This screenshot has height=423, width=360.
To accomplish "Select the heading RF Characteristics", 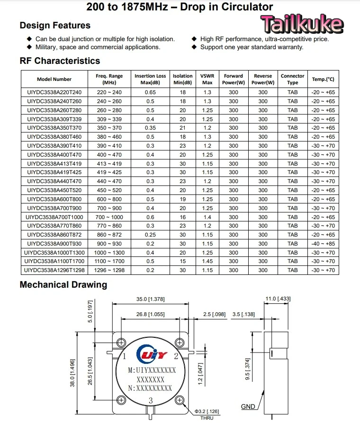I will [60, 61].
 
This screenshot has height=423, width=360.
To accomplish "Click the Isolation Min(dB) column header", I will [182, 79].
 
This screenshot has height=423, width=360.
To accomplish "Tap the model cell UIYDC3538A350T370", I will [54, 128].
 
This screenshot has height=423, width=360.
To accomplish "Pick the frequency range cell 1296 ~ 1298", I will [109, 270].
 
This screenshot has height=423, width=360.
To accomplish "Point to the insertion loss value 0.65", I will [150, 92].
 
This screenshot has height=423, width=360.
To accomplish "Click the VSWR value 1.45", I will [207, 261].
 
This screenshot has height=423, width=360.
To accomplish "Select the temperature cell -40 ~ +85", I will [323, 244].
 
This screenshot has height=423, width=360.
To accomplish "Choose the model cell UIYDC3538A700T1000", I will [54, 217].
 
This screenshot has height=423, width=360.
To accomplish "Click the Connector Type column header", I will [292, 79].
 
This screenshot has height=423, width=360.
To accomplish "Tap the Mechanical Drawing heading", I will [63, 285].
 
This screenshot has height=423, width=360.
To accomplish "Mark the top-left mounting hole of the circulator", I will [122, 343].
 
